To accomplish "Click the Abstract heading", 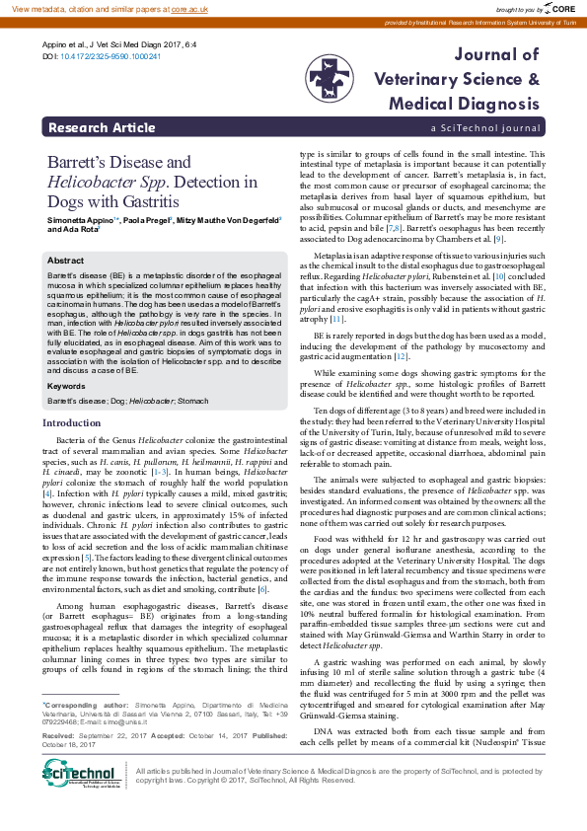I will (x=65, y=260).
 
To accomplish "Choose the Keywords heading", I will (x=67, y=386).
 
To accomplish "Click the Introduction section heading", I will (x=78, y=422).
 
